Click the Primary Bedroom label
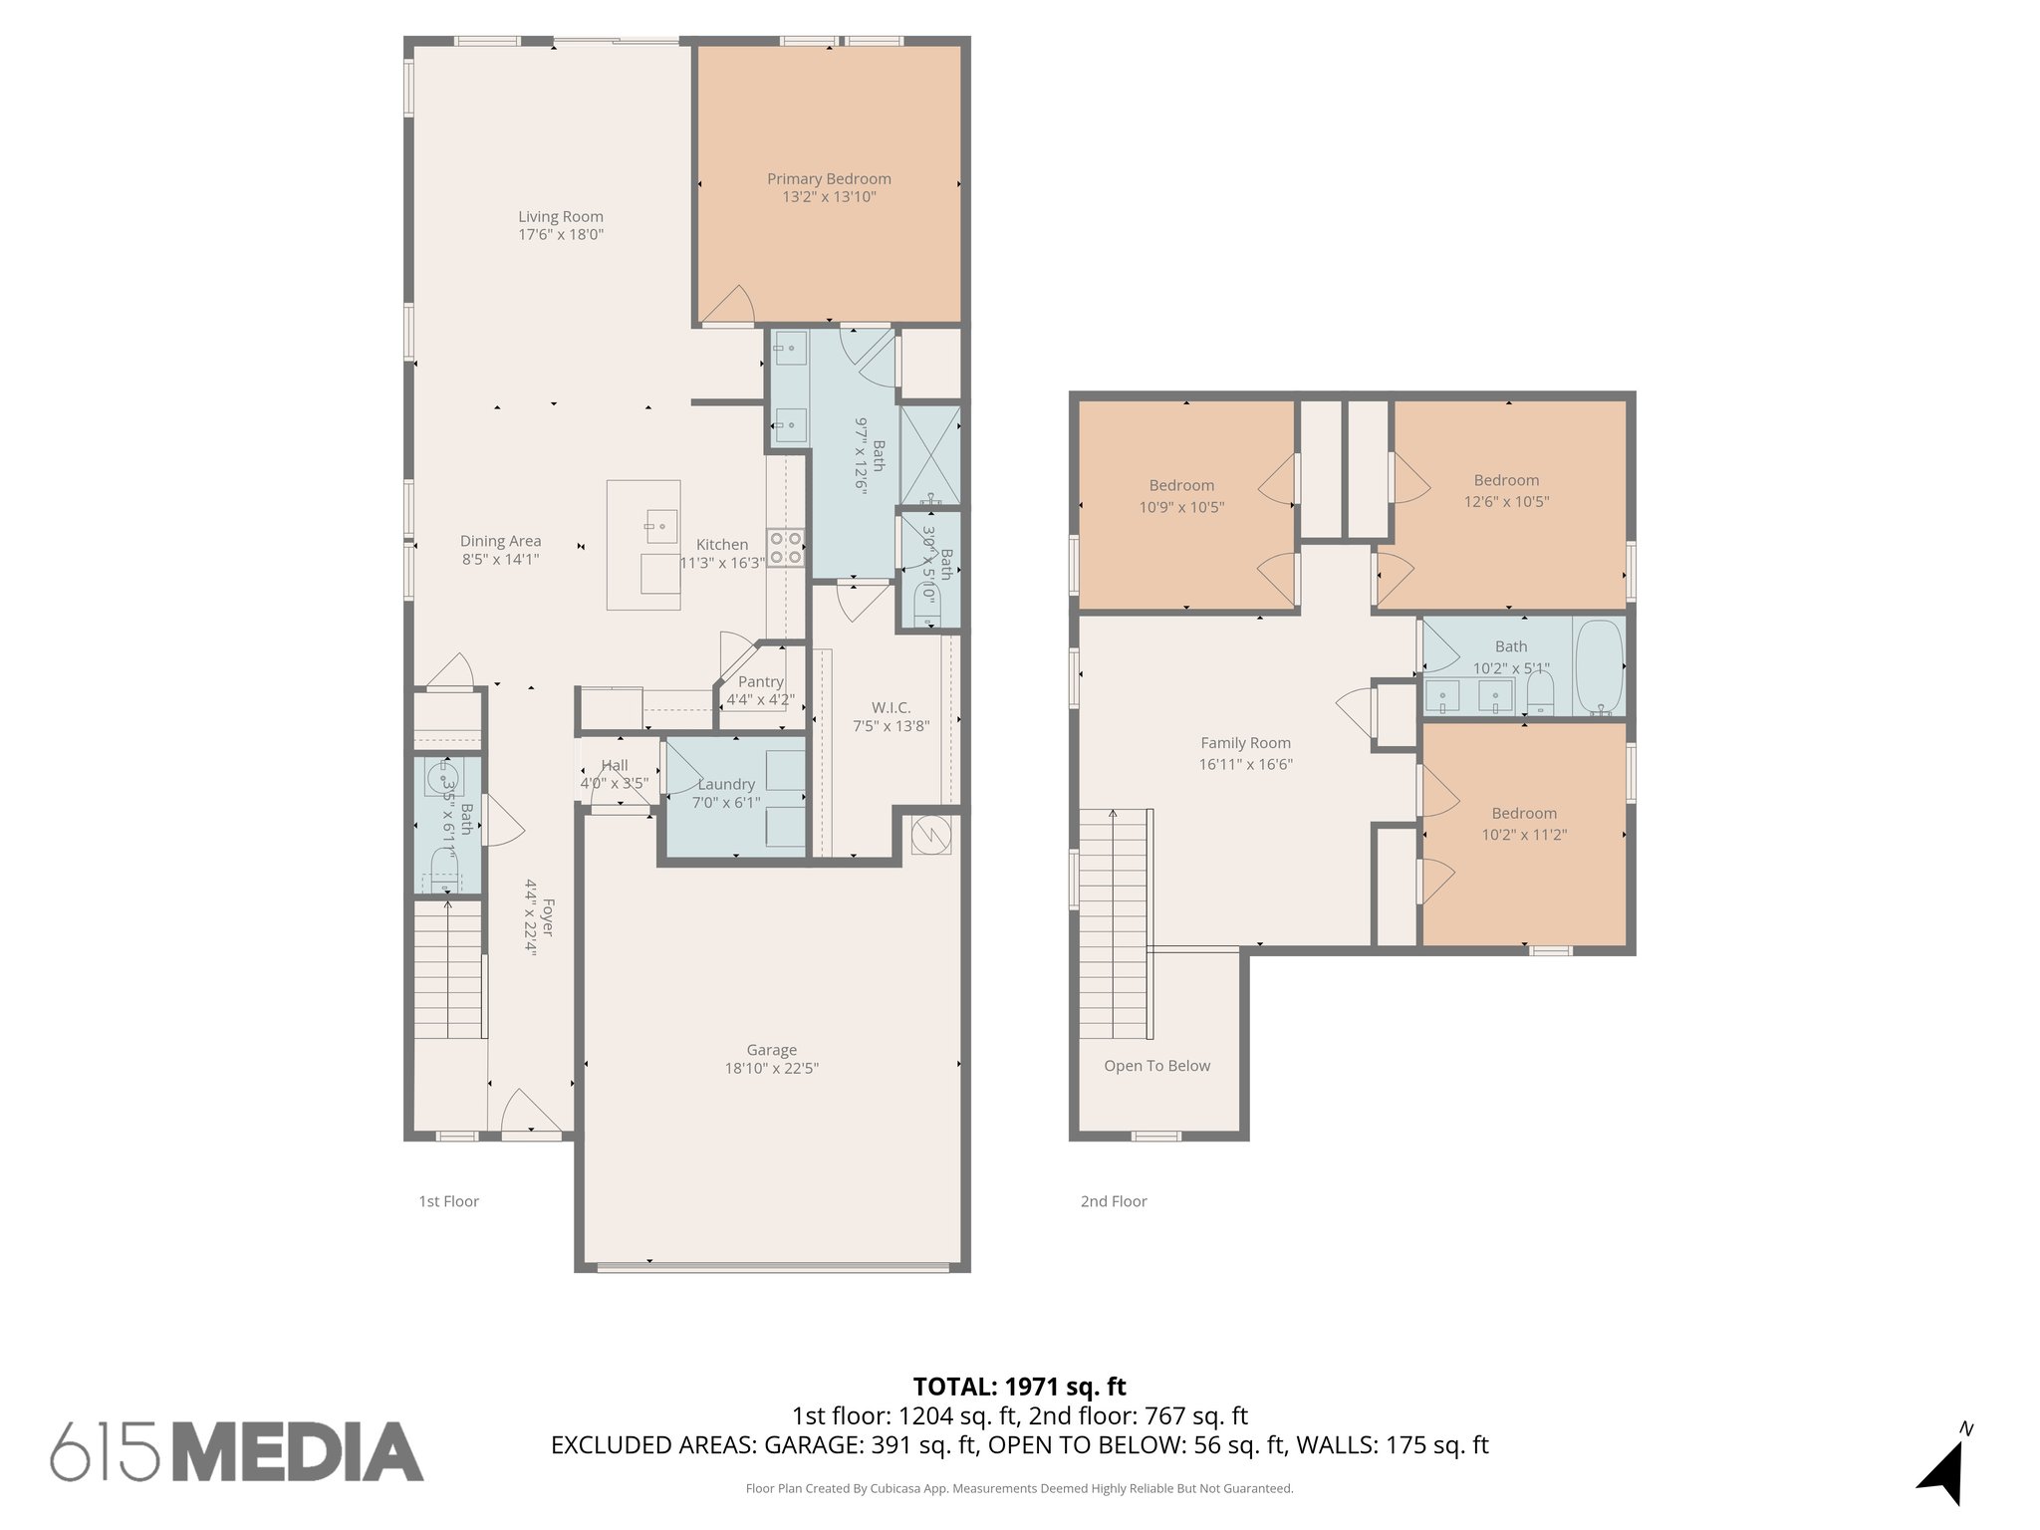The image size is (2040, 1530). (829, 179)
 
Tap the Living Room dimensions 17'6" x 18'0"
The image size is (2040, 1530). (561, 235)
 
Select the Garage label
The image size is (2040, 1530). (771, 1050)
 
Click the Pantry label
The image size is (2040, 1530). (760, 681)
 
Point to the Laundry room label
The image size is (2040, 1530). (726, 784)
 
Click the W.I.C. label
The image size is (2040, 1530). (891, 707)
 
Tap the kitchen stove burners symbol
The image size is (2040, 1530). (785, 548)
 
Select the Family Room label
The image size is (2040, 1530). (1245, 742)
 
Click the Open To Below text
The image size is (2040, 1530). (1156, 1066)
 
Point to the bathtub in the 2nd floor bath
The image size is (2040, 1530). (1599, 665)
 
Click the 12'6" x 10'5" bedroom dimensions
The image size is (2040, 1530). (1506, 502)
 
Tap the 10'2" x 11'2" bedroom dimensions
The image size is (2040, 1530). (1524, 835)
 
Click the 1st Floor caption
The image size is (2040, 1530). (448, 1201)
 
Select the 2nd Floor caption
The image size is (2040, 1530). (1114, 1201)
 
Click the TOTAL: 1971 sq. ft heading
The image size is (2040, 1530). (1019, 1387)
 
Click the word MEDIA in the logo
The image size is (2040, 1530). (305, 1452)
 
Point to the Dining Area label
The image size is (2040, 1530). (500, 541)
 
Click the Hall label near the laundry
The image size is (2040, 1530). (615, 765)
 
